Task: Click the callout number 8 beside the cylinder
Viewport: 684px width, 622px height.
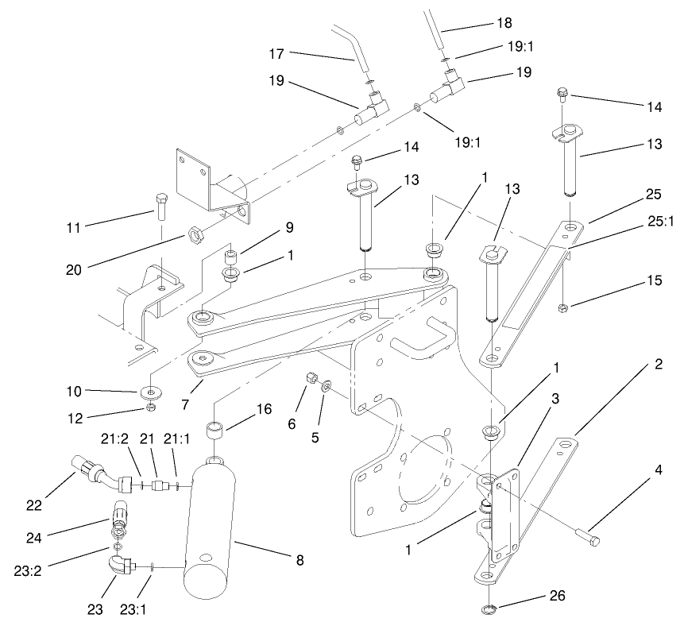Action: (x=299, y=561)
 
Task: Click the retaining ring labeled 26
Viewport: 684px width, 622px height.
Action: (x=493, y=609)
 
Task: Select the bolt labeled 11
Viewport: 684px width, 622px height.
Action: (x=161, y=207)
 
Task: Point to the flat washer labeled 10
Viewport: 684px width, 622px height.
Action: (x=149, y=392)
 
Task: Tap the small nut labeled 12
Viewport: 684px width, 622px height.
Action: (x=149, y=408)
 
